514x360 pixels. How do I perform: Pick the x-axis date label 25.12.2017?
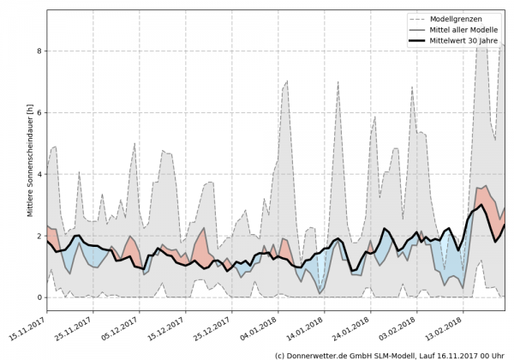[213, 327]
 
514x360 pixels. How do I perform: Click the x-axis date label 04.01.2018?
[260, 327]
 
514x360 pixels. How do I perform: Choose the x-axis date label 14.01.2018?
[306, 327]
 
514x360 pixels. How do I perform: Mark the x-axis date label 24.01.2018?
[352, 327]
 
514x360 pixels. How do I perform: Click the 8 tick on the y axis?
[39, 51]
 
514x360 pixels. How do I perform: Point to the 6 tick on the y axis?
[39, 113]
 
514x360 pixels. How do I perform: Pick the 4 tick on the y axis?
[39, 175]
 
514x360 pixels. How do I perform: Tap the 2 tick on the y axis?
[39, 236]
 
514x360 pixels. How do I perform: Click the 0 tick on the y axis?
[39, 297]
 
